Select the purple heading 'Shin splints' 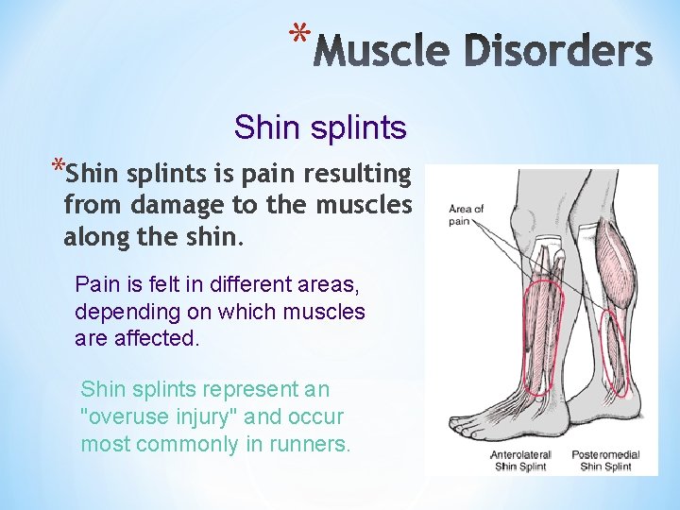tap(320, 127)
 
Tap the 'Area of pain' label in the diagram tap(467, 214)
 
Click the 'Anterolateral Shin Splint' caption tap(520, 460)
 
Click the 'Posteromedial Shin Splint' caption tap(609, 460)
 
